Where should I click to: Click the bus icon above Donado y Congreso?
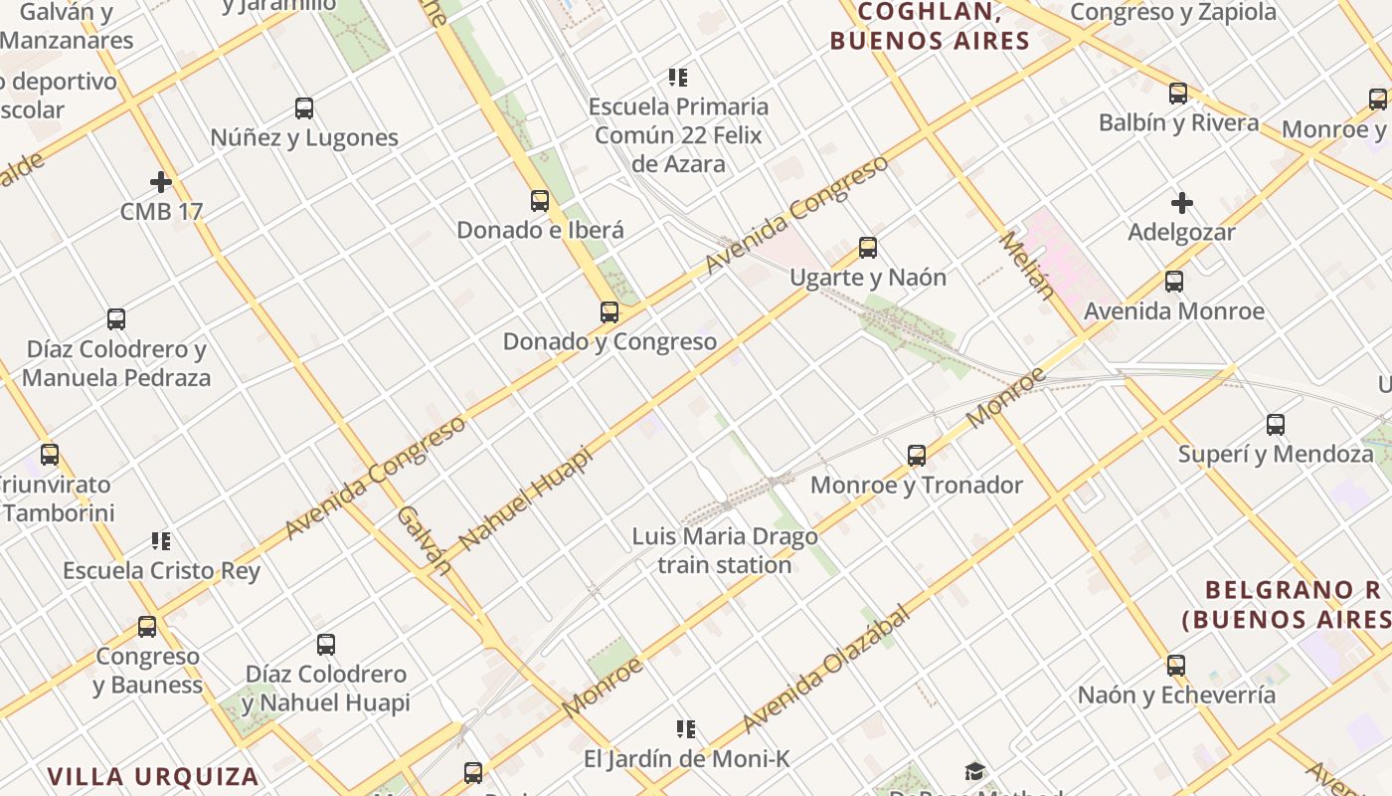pyautogui.click(x=609, y=312)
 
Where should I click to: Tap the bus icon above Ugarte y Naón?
pyautogui.click(x=868, y=248)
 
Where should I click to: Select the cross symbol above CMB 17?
pyautogui.click(x=161, y=182)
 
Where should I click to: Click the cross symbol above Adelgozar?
pyautogui.click(x=1181, y=204)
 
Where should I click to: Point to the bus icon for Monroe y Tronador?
pyautogui.click(x=917, y=456)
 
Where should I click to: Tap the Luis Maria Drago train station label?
pyautogui.click(x=725, y=550)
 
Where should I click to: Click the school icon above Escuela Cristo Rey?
pyautogui.click(x=161, y=541)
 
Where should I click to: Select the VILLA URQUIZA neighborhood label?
pyautogui.click(x=153, y=776)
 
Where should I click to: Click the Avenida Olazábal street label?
pyautogui.click(x=826, y=668)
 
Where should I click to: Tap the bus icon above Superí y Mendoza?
pyautogui.click(x=1276, y=425)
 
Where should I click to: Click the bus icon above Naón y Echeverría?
pyautogui.click(x=1176, y=666)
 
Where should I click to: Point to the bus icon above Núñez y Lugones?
pyautogui.click(x=304, y=108)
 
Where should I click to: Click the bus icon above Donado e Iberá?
pyautogui.click(x=540, y=201)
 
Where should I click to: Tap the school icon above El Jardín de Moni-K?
pyautogui.click(x=685, y=729)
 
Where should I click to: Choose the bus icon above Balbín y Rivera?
pyautogui.click(x=1178, y=94)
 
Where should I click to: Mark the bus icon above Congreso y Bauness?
pyautogui.click(x=147, y=627)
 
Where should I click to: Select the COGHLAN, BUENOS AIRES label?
pyautogui.click(x=930, y=26)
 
